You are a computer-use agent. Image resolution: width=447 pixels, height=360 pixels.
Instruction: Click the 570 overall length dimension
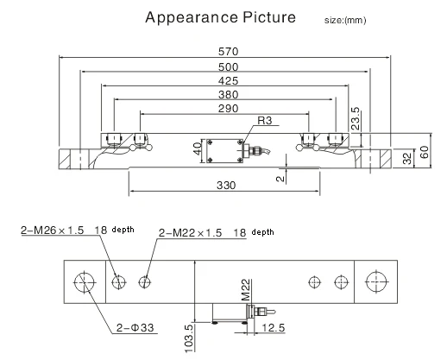click(228, 52)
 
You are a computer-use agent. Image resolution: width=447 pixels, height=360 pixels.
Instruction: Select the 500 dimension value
click(228, 67)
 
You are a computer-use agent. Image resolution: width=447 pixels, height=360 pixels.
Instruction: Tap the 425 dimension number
click(228, 81)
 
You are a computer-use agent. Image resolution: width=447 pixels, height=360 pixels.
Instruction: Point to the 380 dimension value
click(228, 95)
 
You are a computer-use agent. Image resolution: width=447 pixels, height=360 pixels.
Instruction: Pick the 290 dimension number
click(228, 109)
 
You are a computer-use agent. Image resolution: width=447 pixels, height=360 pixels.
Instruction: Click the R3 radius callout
click(265, 120)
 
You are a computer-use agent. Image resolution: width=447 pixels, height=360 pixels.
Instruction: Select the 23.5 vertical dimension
click(356, 118)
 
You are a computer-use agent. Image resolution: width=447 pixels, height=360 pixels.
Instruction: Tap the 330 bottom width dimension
click(226, 186)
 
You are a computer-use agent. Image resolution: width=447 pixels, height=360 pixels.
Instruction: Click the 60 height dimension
click(425, 152)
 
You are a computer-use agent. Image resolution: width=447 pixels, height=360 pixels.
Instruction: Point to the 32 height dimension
click(407, 159)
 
